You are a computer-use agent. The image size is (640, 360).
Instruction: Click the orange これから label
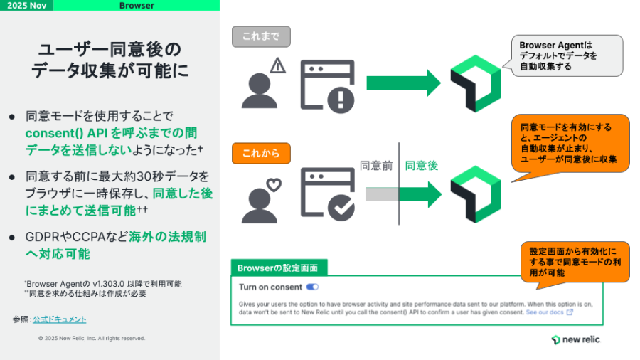(262, 152)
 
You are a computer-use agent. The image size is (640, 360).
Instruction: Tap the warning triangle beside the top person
(277, 67)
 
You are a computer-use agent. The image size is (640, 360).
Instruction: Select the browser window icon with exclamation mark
(326, 86)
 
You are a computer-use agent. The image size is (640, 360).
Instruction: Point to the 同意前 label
(376, 166)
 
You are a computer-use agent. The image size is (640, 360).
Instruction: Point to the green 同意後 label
(422, 166)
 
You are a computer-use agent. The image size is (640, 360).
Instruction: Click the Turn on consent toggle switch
(312, 287)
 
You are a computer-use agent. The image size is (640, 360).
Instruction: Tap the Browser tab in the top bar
(137, 6)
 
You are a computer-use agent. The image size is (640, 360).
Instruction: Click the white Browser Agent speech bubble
(561, 55)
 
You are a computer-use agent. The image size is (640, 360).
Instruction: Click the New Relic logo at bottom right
(575, 339)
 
